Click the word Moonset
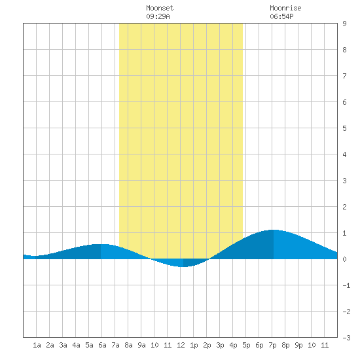(160, 8)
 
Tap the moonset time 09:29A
(158, 16)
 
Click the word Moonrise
(285, 8)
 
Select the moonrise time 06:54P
(281, 16)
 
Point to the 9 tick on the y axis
(344, 24)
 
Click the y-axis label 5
(344, 128)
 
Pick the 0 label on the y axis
(344, 259)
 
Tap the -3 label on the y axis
(346, 338)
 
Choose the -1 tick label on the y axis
(346, 285)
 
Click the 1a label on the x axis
(37, 345)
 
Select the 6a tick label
(102, 345)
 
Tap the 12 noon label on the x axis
(181, 345)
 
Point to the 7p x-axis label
(272, 345)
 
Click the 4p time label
(233, 345)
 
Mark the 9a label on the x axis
(141, 345)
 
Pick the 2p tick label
(207, 345)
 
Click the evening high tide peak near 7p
(274, 230)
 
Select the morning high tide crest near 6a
(101, 244)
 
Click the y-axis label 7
(344, 76)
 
